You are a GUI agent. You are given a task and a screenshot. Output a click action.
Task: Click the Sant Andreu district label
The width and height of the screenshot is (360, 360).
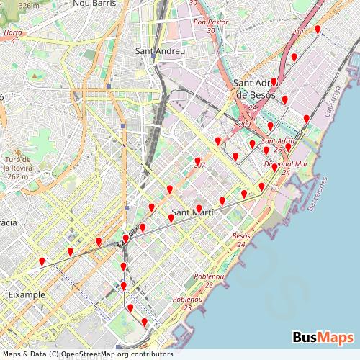pos(160,51)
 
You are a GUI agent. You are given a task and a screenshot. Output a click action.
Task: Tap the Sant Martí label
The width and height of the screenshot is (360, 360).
pos(192,212)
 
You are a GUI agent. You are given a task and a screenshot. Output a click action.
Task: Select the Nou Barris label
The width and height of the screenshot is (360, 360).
pos(91,4)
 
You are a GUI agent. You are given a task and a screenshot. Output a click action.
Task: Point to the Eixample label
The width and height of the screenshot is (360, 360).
pos(27,294)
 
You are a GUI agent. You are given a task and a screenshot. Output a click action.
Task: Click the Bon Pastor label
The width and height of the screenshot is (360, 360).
pos(210,22)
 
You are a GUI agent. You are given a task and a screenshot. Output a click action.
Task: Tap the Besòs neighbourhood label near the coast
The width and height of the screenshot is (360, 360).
pos(241,236)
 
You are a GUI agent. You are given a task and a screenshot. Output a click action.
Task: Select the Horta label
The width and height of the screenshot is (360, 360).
pos(13,33)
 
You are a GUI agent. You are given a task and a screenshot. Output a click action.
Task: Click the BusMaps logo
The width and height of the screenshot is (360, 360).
pos(323,338)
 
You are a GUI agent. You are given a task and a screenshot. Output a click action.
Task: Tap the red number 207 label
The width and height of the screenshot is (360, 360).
pos(199,166)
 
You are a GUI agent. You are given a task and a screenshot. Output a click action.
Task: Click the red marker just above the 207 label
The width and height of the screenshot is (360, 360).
pos(197,160)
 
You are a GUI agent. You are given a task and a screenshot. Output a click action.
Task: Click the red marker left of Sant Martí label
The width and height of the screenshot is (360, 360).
pos(171,217)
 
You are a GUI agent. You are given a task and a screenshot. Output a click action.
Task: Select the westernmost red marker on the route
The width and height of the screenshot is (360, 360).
pos(42,261)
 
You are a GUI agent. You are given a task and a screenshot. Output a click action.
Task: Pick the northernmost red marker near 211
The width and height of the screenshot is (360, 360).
pos(318,28)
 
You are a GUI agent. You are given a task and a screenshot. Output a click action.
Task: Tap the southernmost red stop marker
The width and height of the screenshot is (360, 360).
pos(144,321)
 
